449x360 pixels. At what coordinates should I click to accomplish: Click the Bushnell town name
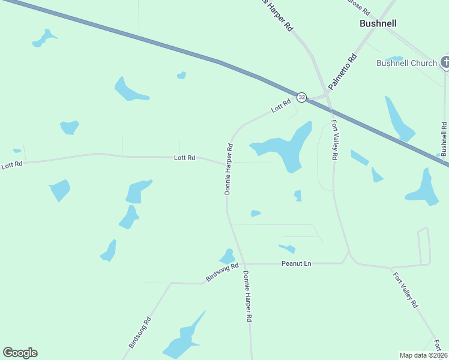(378, 23)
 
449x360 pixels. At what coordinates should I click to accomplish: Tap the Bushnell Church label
(406, 63)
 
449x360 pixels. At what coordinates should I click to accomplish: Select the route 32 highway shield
(301, 97)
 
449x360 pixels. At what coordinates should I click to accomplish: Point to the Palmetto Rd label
(343, 71)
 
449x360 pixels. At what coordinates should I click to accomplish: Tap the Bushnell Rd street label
(444, 139)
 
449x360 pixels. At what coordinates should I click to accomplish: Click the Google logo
(20, 353)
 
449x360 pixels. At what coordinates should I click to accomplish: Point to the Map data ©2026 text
(423, 355)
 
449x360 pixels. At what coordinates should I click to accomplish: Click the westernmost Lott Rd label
(11, 164)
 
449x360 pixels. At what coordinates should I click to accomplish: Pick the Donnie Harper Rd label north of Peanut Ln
(228, 169)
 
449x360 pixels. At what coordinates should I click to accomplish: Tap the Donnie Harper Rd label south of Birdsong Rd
(247, 297)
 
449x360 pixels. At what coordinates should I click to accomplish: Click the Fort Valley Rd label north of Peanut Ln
(334, 140)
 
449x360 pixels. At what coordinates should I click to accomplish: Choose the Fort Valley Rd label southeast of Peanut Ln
(405, 290)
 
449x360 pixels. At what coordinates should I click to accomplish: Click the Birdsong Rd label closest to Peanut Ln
(222, 272)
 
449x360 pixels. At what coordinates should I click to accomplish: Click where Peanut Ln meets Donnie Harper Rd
(245, 263)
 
